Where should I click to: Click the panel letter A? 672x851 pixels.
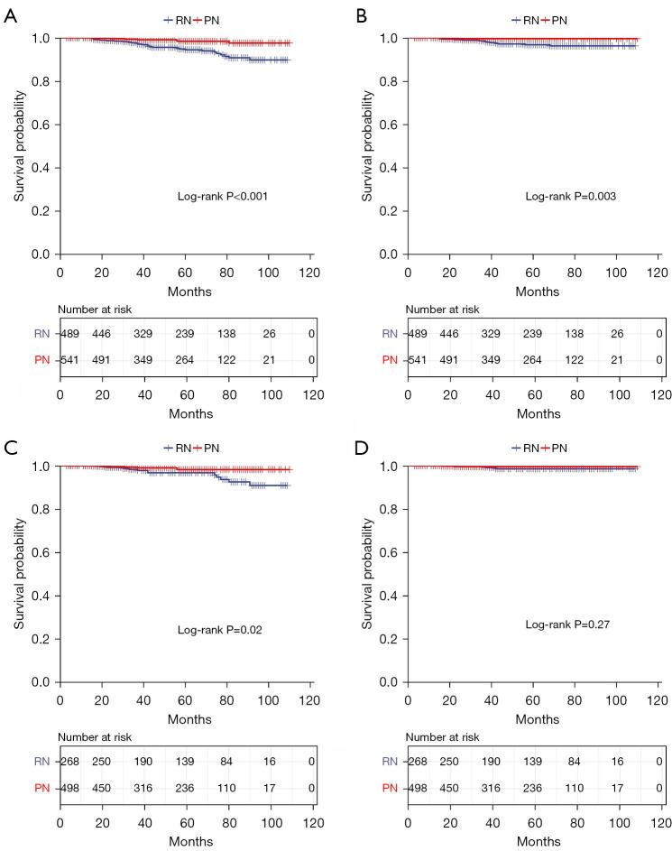point(10,17)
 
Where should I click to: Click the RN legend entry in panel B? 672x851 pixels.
point(525,20)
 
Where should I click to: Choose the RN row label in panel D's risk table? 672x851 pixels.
point(387,763)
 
